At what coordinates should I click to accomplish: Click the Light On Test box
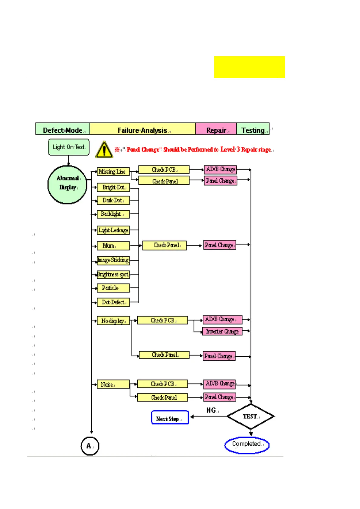pyautogui.click(x=69, y=147)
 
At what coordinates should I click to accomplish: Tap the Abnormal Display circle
pyautogui.click(x=67, y=184)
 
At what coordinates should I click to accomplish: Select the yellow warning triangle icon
pyautogui.click(x=104, y=149)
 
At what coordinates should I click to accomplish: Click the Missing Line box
pyautogui.click(x=113, y=172)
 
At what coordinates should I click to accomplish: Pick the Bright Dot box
pyautogui.click(x=113, y=187)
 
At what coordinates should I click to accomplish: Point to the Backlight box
pyautogui.click(x=113, y=214)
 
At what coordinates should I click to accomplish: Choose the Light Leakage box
pyautogui.click(x=113, y=230)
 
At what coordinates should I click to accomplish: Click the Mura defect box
pyautogui.click(x=113, y=246)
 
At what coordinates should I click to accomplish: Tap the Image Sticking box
pyautogui.click(x=113, y=260)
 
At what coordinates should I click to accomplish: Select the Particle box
pyautogui.click(x=113, y=288)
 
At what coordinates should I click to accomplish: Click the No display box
pyautogui.click(x=113, y=321)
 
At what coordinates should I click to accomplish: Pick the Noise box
pyautogui.click(x=113, y=384)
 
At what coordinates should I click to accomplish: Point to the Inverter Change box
pyautogui.click(x=222, y=331)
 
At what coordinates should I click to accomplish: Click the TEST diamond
pyautogui.click(x=251, y=416)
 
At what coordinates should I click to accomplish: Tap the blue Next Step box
pyautogui.click(x=170, y=417)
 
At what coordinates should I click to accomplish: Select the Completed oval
pyautogui.click(x=247, y=445)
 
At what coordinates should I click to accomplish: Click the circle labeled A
pyautogui.click(x=90, y=446)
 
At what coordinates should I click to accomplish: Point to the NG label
pyautogui.click(x=211, y=410)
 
